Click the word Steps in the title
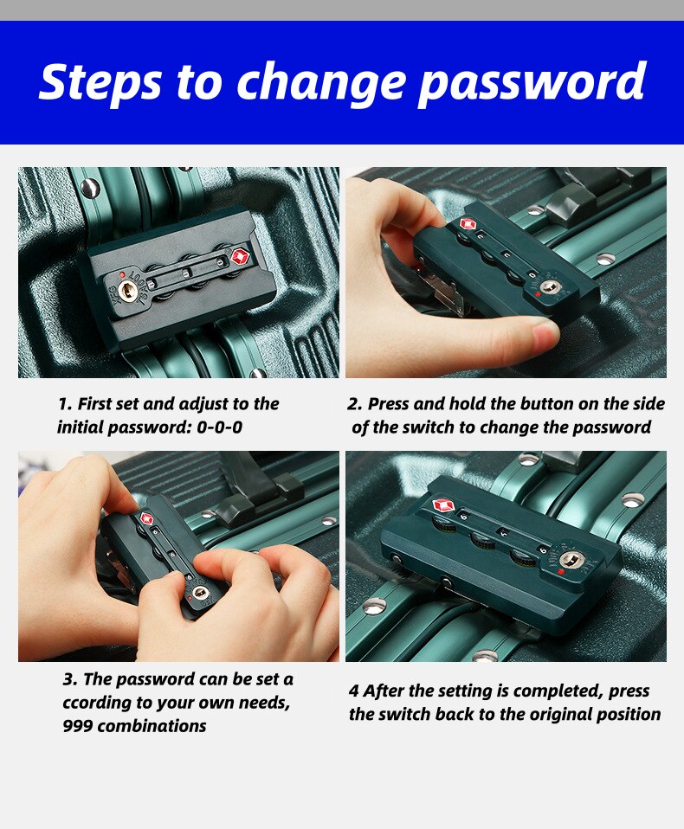point(100,82)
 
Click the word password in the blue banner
point(532,84)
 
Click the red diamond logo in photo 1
point(240,258)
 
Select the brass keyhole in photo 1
point(127,290)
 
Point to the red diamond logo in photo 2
point(467,223)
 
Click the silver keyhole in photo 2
point(550,287)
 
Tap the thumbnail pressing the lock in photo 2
point(544,333)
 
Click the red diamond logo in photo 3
point(146,518)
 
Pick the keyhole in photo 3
point(200,592)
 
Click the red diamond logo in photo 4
point(444,505)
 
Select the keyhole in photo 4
point(573,559)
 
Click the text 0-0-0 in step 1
point(220,427)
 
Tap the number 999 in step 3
point(77,726)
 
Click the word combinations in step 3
point(152,726)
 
